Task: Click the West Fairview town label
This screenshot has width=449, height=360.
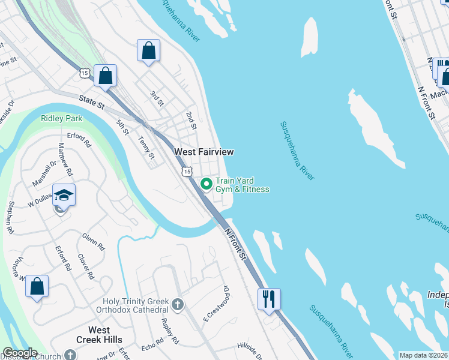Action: [x=203, y=152]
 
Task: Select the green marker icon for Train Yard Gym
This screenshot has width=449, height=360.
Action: [x=206, y=184]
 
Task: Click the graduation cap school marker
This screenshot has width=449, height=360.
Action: [x=64, y=196]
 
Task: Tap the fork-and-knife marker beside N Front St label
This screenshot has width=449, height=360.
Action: [x=269, y=298]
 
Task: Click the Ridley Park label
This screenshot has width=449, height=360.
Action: [x=61, y=118]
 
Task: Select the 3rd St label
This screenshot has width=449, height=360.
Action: [x=157, y=98]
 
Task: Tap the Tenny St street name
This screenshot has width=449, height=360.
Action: [x=146, y=148]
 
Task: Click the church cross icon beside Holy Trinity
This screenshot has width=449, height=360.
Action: [x=177, y=305]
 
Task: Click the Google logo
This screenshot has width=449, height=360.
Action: [x=20, y=353]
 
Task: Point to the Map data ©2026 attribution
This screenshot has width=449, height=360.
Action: [x=423, y=355]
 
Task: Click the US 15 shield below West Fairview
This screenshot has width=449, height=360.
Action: [x=187, y=172]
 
